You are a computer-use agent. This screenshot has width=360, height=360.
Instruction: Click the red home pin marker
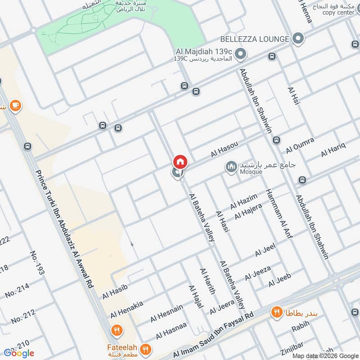(180, 162)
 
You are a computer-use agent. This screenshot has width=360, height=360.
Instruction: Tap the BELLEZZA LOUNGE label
(254, 39)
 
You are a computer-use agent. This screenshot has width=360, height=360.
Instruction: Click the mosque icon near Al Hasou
(231, 167)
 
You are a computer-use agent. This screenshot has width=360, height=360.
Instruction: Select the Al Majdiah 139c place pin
(241, 55)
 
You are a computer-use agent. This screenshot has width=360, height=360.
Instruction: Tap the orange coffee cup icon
(15, 105)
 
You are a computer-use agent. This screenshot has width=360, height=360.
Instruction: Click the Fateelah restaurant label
(119, 347)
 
